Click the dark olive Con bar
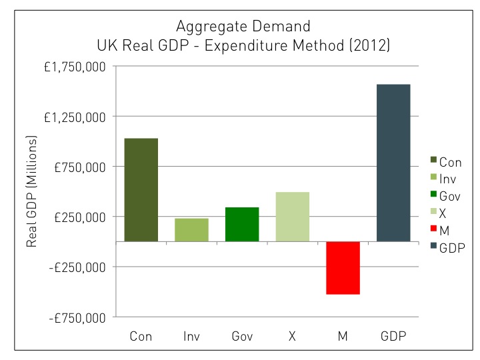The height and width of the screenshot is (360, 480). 141,189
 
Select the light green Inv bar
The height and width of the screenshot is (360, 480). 192,229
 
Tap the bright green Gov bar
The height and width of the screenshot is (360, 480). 242,224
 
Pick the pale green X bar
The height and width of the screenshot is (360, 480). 293,217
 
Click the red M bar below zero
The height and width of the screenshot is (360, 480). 343,267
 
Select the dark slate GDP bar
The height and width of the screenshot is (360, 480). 393,163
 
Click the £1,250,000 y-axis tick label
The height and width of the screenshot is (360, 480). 75,117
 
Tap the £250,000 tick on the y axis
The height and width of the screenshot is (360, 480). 79,217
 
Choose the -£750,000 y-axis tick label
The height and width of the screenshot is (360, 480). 77,317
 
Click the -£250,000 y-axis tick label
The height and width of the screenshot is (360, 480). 77,267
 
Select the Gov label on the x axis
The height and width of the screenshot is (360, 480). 242,336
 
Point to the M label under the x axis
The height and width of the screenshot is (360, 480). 343,336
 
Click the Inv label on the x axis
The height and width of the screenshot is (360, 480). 192,336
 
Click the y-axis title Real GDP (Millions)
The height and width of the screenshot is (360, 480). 31,191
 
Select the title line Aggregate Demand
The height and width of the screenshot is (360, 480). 243,27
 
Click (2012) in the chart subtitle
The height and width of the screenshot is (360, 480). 365,47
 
